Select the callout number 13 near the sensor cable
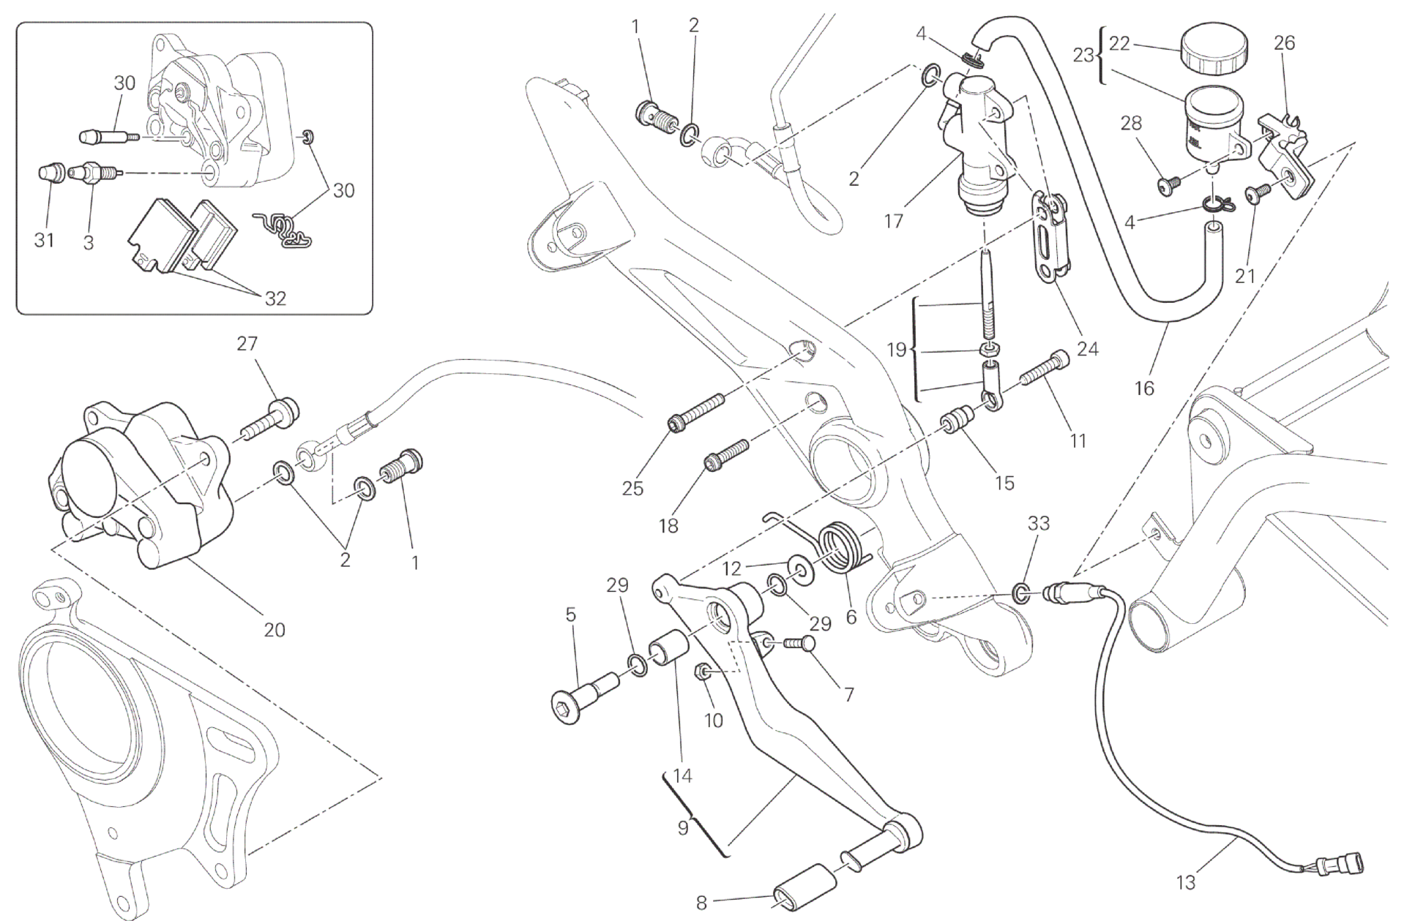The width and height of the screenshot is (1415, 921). coord(1185,883)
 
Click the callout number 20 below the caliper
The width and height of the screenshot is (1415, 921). coord(275,629)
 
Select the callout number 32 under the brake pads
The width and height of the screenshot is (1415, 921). coord(275,298)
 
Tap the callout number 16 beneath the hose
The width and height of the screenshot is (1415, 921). coord(1143,388)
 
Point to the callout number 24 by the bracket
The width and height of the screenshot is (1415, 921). coord(1088,348)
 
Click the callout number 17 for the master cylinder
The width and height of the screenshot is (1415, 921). coord(893,220)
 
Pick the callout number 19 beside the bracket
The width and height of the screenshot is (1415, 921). coord(896,350)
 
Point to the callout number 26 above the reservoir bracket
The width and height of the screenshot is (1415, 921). coord(1284,43)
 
